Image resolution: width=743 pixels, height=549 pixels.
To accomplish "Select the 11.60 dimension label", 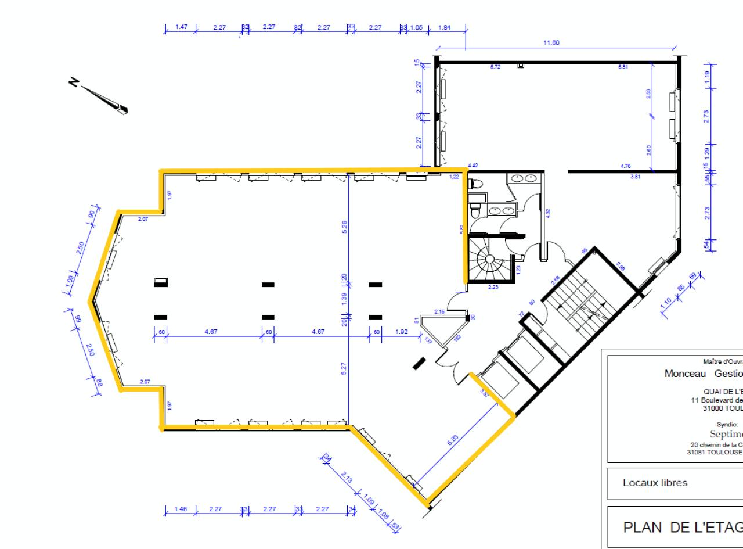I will coord(551,43).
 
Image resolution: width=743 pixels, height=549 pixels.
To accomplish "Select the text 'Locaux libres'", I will coord(655,482).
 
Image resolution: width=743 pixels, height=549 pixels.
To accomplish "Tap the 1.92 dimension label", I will coord(402,332).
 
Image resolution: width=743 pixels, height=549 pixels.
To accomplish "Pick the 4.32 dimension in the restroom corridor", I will coord(547,213).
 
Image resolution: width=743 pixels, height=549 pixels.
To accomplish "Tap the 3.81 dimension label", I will coord(636,176).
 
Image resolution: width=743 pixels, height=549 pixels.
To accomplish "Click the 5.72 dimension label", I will coord(495,67).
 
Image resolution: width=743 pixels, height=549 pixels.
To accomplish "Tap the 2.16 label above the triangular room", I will coord(439,312).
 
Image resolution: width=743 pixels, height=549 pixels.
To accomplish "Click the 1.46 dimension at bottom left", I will coord(180,509).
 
